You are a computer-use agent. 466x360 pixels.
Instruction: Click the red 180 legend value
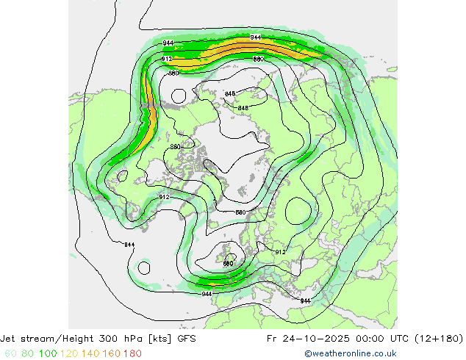tap(132, 353)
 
